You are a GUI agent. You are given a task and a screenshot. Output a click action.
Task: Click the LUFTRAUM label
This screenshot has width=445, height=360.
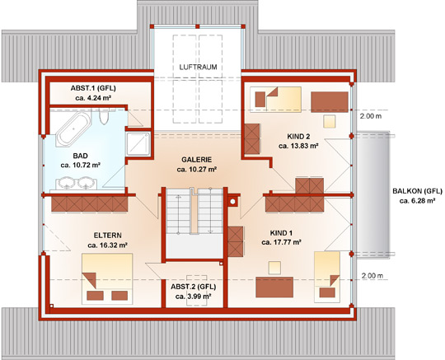point(198,68)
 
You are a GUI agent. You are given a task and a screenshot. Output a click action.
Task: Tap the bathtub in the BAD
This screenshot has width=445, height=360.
point(74,129)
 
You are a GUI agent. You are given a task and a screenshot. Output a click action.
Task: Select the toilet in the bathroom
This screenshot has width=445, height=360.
point(104,118)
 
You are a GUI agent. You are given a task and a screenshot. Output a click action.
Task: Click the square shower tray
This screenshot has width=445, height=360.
point(138,144)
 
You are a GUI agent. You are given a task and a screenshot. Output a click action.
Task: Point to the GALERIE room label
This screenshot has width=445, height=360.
point(197,160)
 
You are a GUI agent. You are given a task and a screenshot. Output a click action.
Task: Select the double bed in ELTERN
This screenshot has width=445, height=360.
point(107,278)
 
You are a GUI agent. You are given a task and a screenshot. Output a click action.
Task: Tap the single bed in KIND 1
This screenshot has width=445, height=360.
point(327,277)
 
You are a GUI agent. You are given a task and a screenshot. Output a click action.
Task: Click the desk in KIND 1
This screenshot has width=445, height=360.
point(274,287)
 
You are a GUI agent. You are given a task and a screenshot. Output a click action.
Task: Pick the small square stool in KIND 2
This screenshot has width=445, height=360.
point(329,121)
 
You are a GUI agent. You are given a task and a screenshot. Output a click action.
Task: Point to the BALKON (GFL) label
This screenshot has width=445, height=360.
point(417,191)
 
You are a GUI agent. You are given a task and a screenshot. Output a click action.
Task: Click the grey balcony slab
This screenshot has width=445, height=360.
point(373,194)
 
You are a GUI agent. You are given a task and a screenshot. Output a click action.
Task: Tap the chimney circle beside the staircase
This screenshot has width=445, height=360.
point(232,202)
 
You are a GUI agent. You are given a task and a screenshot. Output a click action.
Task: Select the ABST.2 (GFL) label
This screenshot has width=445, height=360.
point(194,287)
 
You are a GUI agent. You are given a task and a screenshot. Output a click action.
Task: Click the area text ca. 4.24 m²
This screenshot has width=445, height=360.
point(93,98)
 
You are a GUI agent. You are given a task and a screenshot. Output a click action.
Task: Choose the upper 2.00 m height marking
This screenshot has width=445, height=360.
point(371,116)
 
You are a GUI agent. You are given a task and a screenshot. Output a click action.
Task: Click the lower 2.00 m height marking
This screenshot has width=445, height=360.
point(372,275)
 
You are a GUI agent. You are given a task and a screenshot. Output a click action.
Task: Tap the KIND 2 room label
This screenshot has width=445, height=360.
point(298,137)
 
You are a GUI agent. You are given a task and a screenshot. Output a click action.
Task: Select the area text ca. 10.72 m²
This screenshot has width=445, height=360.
point(80,165)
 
